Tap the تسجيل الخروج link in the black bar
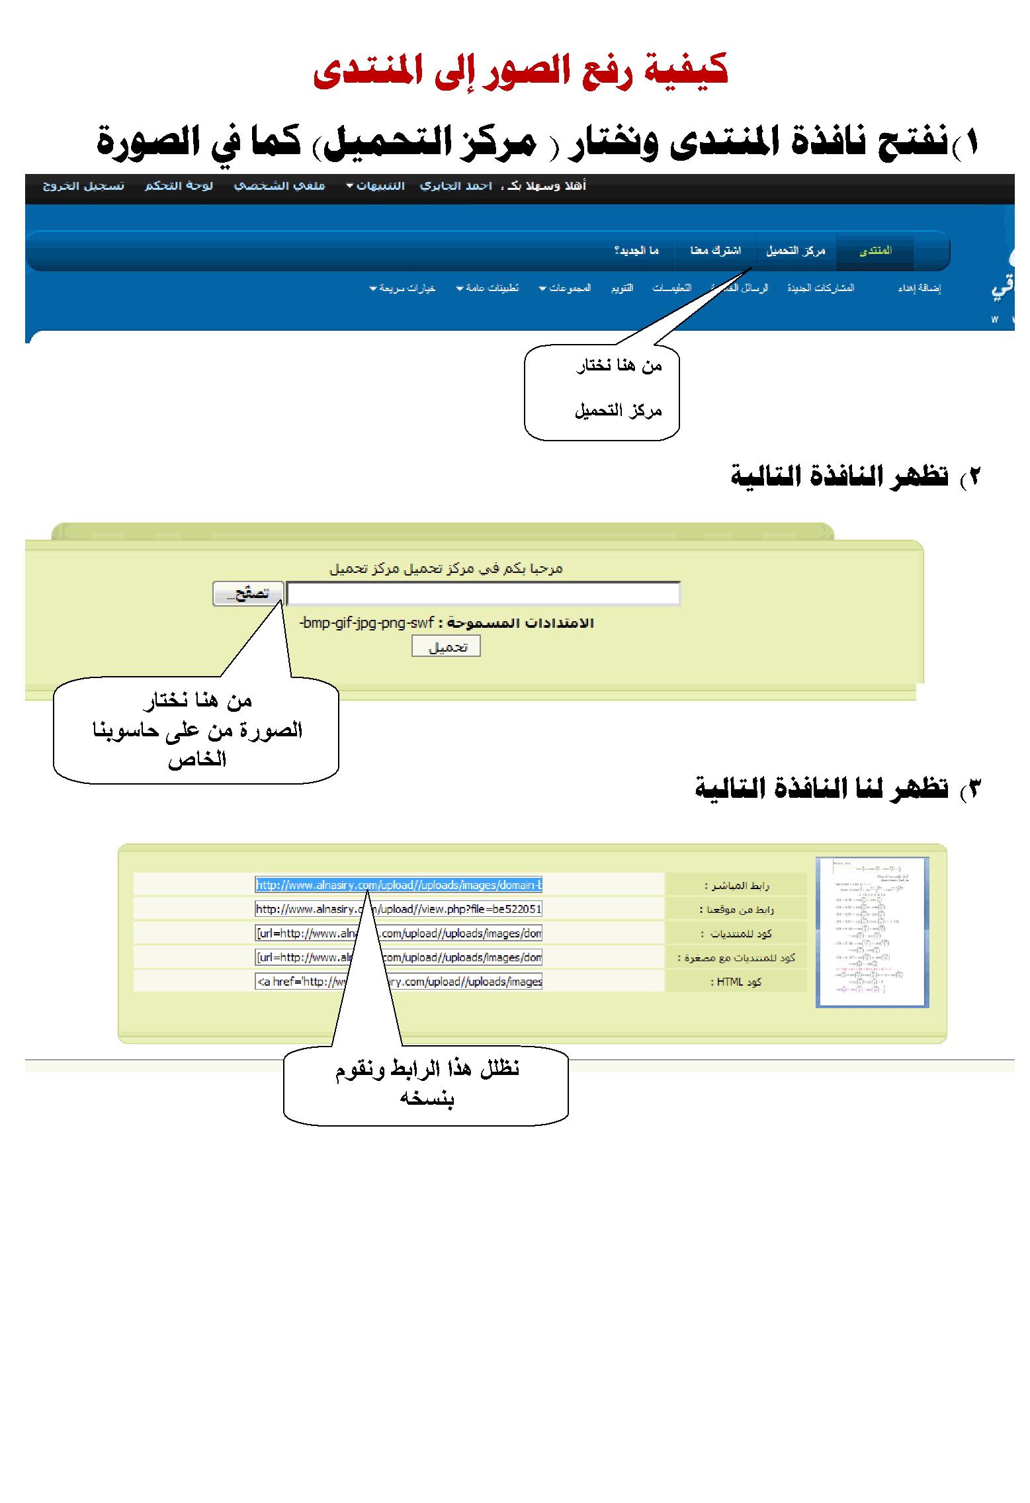coord(83,186)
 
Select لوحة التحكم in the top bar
coord(179,186)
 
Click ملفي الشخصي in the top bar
coord(279,186)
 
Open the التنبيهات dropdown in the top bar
coord(376,186)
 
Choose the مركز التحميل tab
coord(795,251)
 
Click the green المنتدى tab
coord(875,251)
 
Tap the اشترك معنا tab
coord(715,251)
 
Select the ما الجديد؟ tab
coord(636,251)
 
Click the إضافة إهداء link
coord(919,288)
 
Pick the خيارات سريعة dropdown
coord(403,288)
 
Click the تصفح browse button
coord(248,593)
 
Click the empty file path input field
coord(483,593)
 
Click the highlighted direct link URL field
coord(399,885)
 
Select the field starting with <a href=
coord(399,982)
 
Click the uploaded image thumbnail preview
coord(872,932)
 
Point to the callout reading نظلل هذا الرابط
coord(426,1085)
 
